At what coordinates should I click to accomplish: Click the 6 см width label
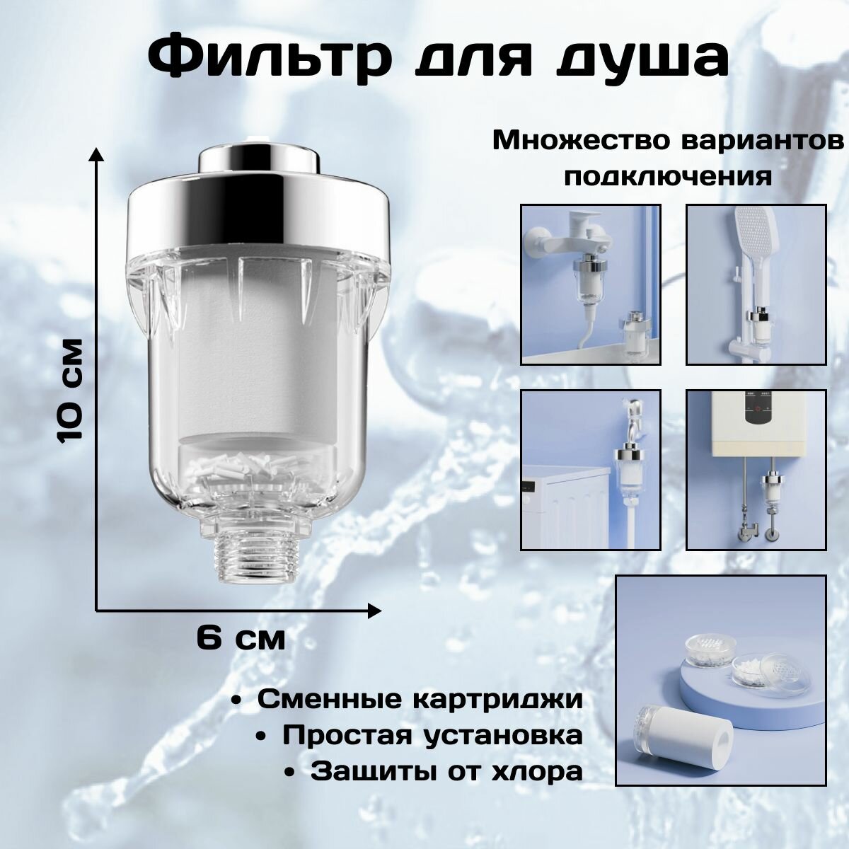click(x=241, y=639)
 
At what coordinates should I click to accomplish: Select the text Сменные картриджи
click(x=420, y=700)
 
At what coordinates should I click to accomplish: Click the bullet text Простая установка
click(x=433, y=734)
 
